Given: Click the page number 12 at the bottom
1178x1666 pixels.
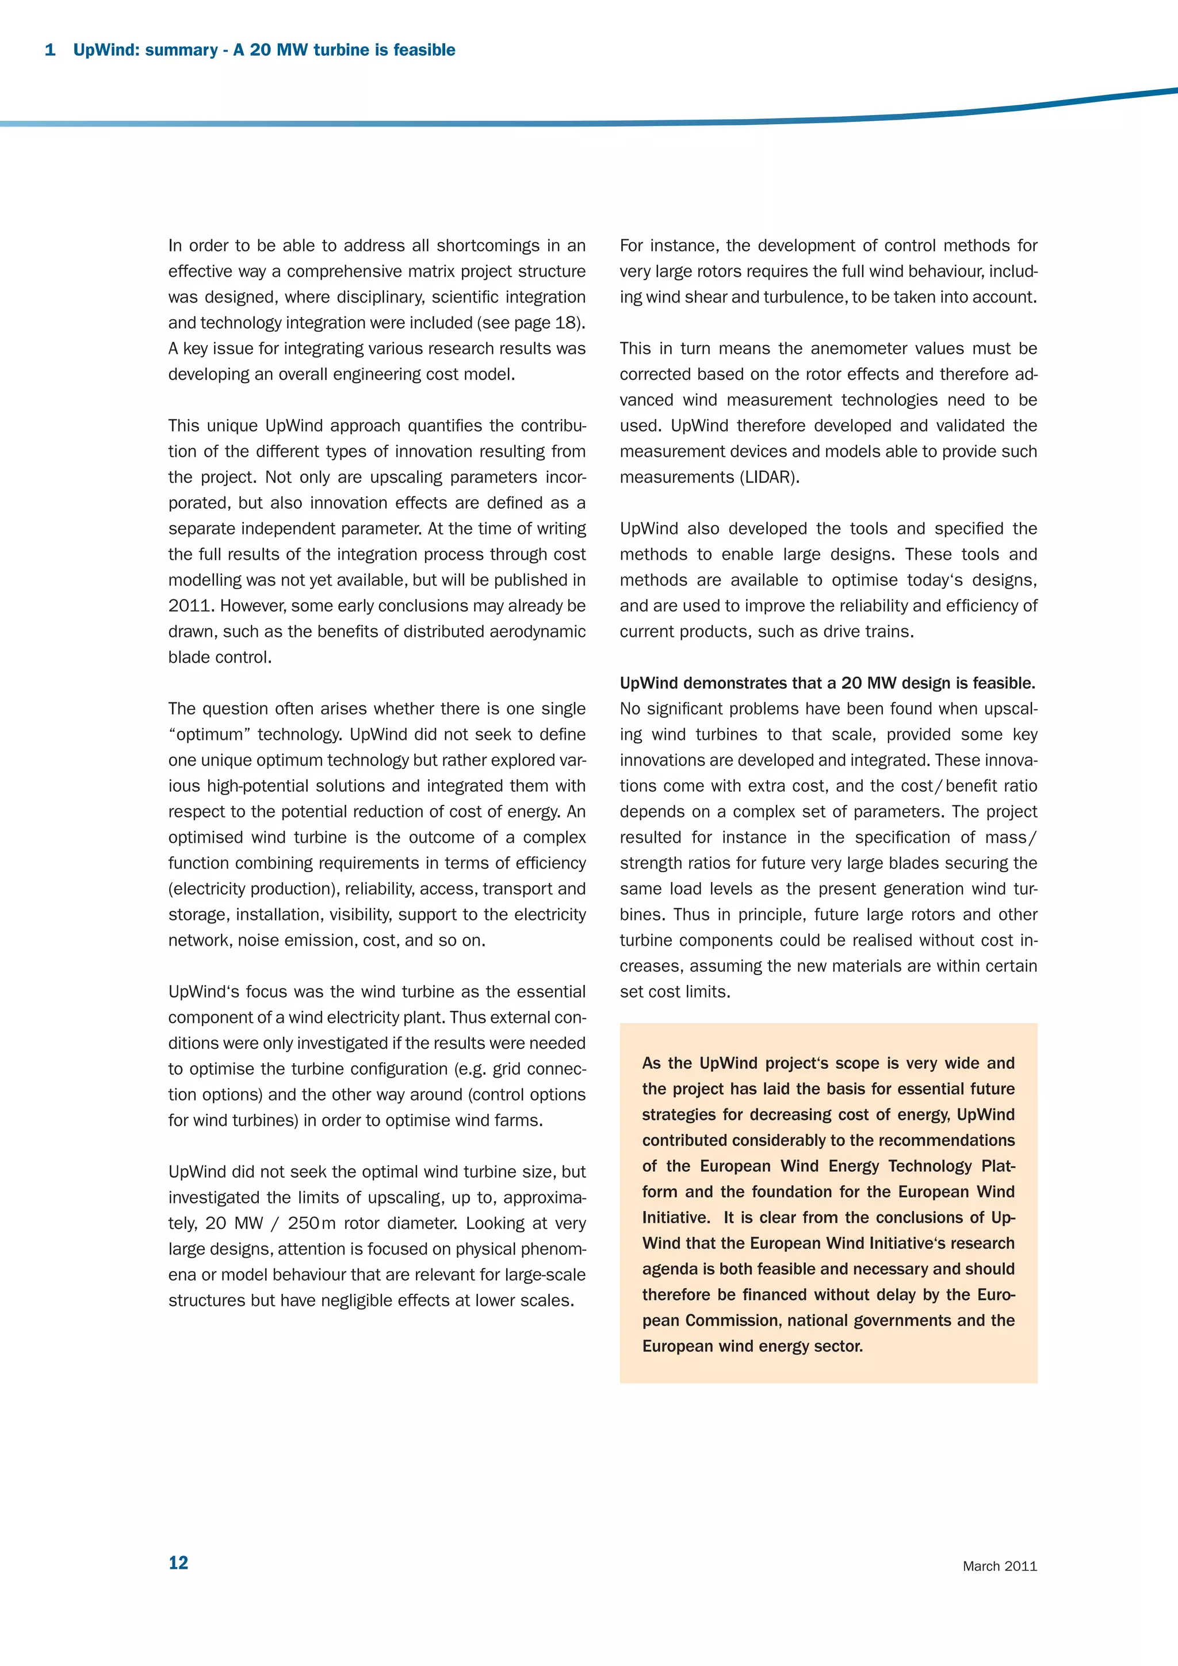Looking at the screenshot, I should point(178,1562).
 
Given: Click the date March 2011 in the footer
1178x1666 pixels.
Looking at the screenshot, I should point(1000,1566).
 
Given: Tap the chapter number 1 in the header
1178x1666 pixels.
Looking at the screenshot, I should point(50,50).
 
